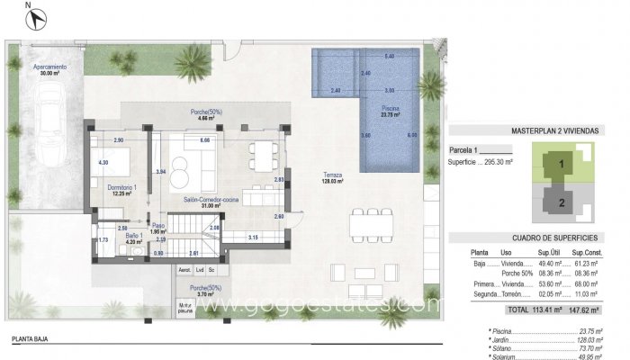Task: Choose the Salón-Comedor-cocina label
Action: pyautogui.click(x=210, y=202)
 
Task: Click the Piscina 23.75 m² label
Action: pyautogui.click(x=390, y=112)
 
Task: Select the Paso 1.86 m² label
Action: pyautogui.click(x=158, y=229)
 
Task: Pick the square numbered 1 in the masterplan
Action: pyautogui.click(x=562, y=165)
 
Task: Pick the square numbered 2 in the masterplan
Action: pyautogui.click(x=562, y=203)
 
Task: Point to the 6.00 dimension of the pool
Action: pyautogui.click(x=412, y=135)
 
